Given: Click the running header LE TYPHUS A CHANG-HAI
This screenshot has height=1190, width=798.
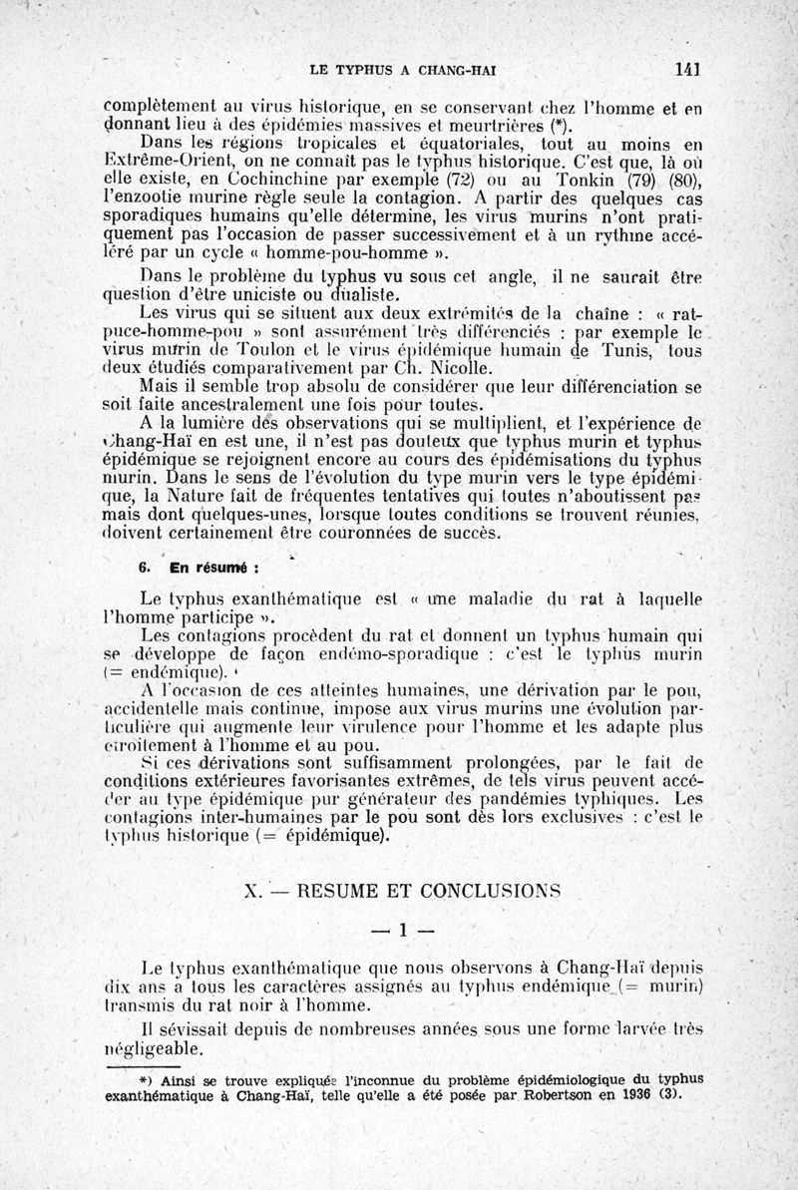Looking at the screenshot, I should coord(404,70).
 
